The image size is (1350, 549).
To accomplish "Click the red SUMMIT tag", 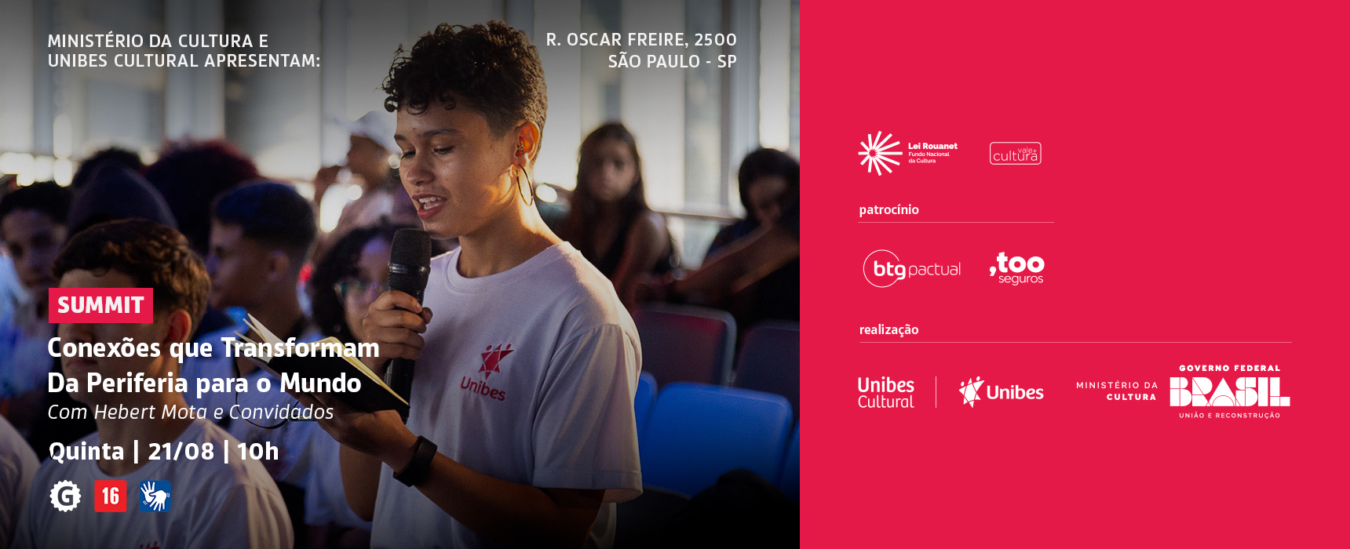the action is point(100,305).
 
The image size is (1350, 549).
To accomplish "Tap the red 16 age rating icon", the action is point(111,496).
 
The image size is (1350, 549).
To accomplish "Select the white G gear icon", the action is point(65,496).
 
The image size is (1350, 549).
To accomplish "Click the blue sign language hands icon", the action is point(155,496).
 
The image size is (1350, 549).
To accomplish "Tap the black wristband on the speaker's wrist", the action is point(415,460).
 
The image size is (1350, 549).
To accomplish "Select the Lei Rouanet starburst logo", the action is point(880,153).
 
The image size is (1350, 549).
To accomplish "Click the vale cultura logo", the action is point(1016,154).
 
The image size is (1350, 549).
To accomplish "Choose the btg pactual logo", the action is point(912,268).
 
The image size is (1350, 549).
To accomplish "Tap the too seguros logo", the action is point(1017,268).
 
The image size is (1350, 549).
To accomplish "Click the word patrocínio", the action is point(888,209).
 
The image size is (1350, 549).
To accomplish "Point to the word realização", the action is point(888,329).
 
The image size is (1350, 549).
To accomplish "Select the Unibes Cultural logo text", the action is point(886,392).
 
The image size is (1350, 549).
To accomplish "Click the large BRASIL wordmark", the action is point(1229,391).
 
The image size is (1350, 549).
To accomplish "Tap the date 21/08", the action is point(181,451).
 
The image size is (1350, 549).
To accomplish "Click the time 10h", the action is point(257,451).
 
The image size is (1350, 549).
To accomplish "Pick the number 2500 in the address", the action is point(715,39).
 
